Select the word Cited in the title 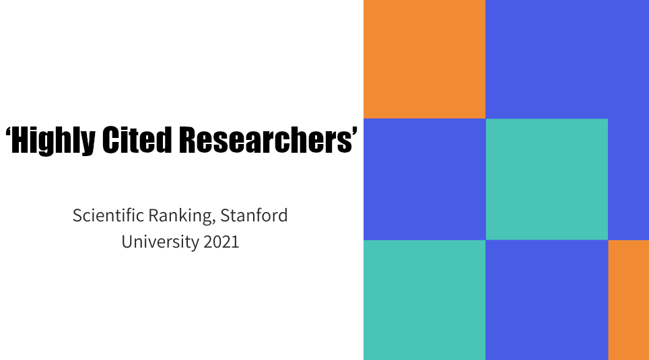coord(137,139)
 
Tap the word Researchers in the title coord(265,139)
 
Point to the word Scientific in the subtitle coord(108,215)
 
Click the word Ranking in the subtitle coord(180,216)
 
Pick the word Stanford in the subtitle coord(254,215)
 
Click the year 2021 coord(221,242)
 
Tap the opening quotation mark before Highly coord(8,133)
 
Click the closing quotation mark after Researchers coord(355,133)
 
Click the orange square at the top coord(425,59)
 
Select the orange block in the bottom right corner coord(628,300)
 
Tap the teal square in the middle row coord(547,179)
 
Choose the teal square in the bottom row coord(425,300)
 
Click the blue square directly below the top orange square coord(425,179)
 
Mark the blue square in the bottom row coord(547,300)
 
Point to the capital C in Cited coord(110,140)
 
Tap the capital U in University coord(127,242)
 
